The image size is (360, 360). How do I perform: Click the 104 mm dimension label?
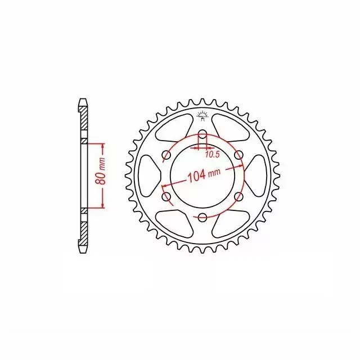tap(204, 174)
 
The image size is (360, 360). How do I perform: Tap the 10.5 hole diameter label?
tap(213, 155)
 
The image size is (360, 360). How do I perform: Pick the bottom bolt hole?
tap(202, 218)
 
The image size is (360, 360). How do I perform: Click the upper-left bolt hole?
tap(166, 155)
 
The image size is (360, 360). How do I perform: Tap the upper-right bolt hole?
tap(238, 155)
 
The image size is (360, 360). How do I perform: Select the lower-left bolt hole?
tap(166, 197)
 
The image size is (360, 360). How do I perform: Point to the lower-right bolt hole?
tap(238, 197)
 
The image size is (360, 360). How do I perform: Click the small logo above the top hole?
tap(202, 116)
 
